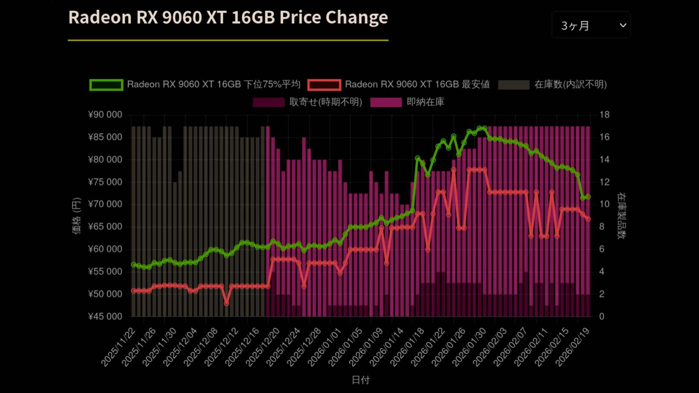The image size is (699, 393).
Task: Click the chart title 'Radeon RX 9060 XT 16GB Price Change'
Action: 228,17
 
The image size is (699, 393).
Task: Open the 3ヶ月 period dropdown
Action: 591,25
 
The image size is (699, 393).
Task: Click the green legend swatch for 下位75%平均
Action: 106,85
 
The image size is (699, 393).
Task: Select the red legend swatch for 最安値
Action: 324,85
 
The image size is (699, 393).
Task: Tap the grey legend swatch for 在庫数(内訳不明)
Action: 513,85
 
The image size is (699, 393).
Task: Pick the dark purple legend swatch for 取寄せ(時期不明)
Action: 269,102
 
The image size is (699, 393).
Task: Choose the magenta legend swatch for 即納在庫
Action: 386,102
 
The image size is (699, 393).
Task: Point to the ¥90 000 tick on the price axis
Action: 105,115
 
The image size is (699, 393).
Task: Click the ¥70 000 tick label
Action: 105,204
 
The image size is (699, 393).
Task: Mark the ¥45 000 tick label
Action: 105,316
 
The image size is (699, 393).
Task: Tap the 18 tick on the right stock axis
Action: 604,115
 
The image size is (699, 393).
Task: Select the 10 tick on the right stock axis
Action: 604,204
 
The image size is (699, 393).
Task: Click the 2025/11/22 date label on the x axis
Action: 119,346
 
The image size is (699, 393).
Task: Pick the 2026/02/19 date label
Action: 573,346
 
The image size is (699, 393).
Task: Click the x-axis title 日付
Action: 360,380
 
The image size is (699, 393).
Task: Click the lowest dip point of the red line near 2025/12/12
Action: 226,303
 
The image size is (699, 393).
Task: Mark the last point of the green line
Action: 588,196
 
